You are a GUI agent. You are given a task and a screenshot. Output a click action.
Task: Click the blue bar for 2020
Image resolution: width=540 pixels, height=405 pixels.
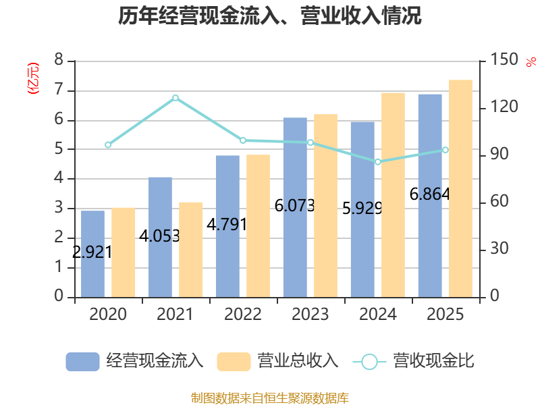92,254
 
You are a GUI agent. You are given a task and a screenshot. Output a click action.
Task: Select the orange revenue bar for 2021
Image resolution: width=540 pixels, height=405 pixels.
191,250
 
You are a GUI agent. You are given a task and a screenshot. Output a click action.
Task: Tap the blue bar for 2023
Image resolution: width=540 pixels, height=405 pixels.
295,208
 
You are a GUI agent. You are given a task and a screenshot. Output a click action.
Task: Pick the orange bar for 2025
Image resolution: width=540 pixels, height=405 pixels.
461,189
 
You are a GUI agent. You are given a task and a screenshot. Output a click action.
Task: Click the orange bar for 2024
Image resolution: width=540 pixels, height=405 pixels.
394,195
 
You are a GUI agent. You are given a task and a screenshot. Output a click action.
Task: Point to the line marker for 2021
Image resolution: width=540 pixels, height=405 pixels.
175,98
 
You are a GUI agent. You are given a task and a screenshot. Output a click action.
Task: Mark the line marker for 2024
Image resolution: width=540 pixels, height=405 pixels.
378,162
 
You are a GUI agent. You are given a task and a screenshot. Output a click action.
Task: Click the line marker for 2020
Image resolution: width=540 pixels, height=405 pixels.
108,145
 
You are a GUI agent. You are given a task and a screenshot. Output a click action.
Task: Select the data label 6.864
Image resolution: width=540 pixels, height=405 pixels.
429,194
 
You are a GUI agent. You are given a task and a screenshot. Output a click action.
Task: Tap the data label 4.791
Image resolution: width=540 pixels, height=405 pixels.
227,225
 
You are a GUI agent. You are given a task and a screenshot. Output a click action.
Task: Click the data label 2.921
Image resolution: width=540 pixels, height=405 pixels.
92,252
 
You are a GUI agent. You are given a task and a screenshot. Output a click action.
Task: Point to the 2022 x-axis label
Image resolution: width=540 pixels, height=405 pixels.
243,314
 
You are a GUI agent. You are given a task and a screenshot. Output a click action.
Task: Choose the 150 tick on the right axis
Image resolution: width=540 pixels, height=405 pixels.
504,59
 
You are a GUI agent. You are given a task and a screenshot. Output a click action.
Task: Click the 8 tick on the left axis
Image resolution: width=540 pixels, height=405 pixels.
59,59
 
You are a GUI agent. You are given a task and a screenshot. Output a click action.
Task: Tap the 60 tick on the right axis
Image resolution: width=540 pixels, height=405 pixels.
500,201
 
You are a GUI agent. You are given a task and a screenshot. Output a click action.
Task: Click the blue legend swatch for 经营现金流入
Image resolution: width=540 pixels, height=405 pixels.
82,362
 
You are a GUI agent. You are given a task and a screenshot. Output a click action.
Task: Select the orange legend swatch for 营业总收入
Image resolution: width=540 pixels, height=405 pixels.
234,362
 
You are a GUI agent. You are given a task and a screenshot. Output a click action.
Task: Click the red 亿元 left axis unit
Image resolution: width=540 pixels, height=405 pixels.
33,78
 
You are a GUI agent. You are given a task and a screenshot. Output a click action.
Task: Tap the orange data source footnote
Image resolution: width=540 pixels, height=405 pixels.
270,398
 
